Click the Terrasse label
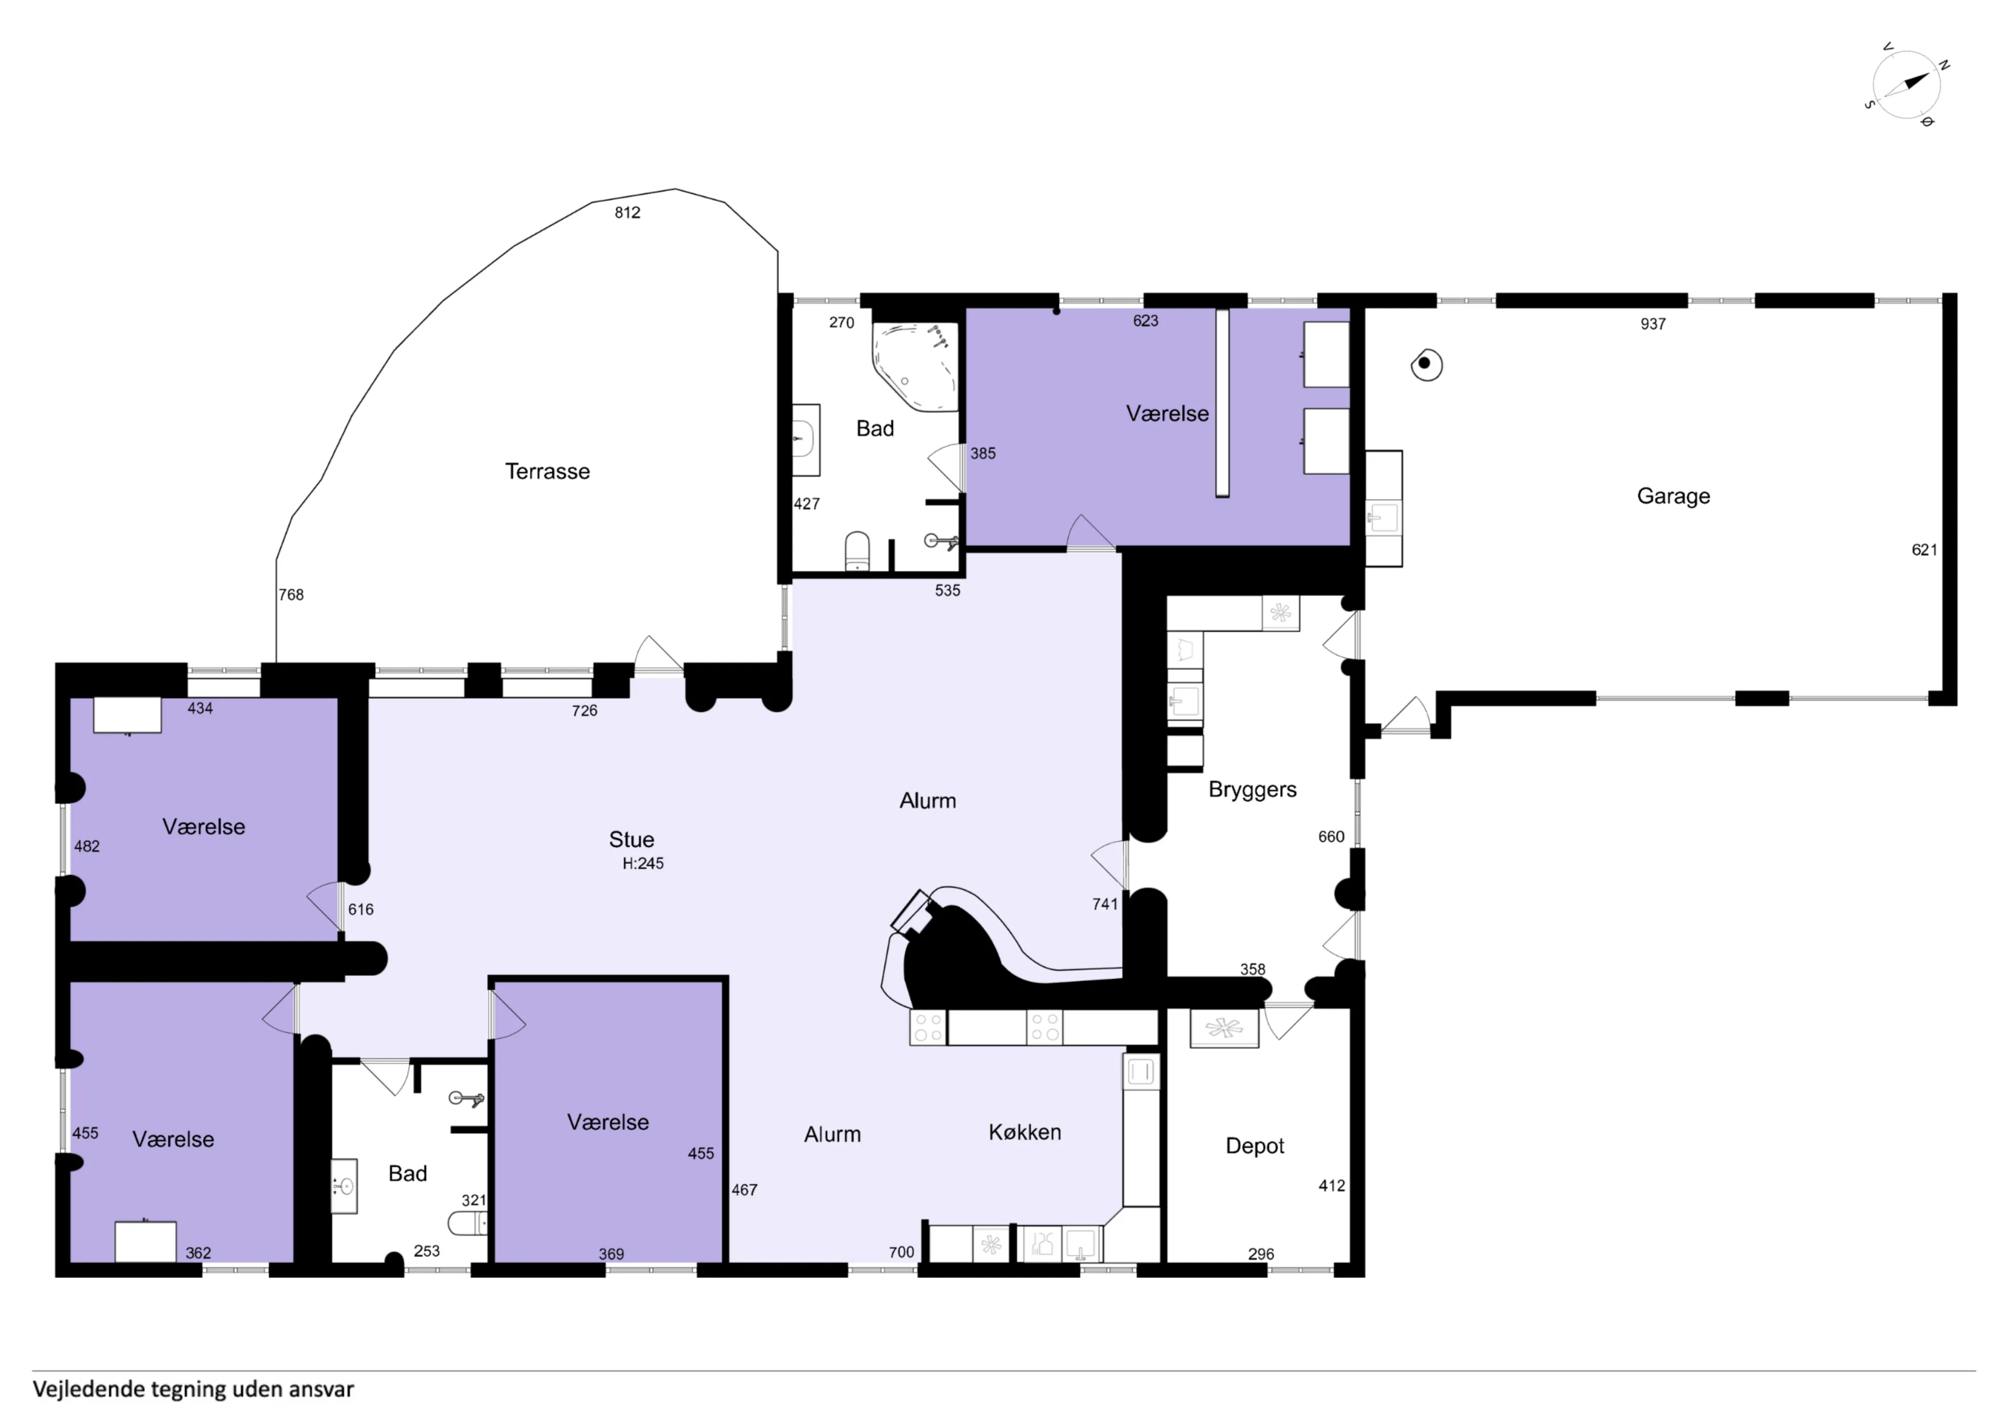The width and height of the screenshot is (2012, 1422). click(548, 471)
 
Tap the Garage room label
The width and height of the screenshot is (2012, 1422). click(1673, 496)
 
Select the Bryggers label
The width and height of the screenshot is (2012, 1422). click(1252, 789)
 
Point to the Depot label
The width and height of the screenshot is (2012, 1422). click(1255, 1146)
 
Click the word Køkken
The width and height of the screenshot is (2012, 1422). click(1024, 1132)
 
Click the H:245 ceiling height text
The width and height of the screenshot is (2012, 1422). click(643, 863)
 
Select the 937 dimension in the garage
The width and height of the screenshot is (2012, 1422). click(1653, 324)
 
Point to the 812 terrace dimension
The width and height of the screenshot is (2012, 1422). click(627, 213)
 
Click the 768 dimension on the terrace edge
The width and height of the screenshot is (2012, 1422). click(291, 595)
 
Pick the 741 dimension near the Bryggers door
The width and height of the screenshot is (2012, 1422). click(1105, 904)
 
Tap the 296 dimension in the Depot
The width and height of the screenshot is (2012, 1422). click(1261, 1254)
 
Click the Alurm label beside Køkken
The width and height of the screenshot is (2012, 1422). click(833, 1134)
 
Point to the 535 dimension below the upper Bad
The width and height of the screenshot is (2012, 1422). click(947, 590)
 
